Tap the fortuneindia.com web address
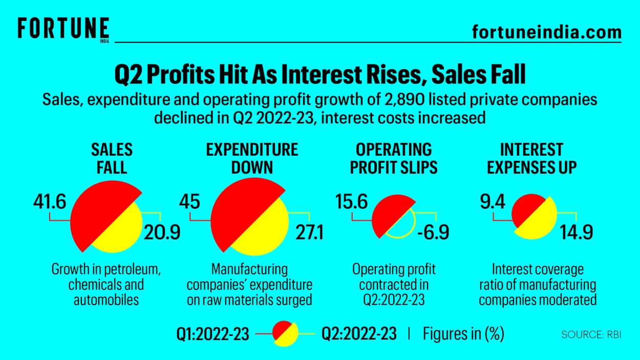click(x=546, y=32)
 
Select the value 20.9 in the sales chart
click(x=162, y=233)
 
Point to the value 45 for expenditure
click(x=189, y=202)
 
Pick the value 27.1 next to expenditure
click(x=309, y=233)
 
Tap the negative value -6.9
click(x=433, y=233)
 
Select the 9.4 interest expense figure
click(x=492, y=202)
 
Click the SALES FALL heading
click(x=112, y=158)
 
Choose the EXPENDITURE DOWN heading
click(x=252, y=158)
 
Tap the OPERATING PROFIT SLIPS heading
click(x=394, y=158)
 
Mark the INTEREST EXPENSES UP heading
click(x=531, y=158)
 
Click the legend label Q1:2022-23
click(x=213, y=334)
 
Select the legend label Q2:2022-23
click(x=359, y=334)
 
